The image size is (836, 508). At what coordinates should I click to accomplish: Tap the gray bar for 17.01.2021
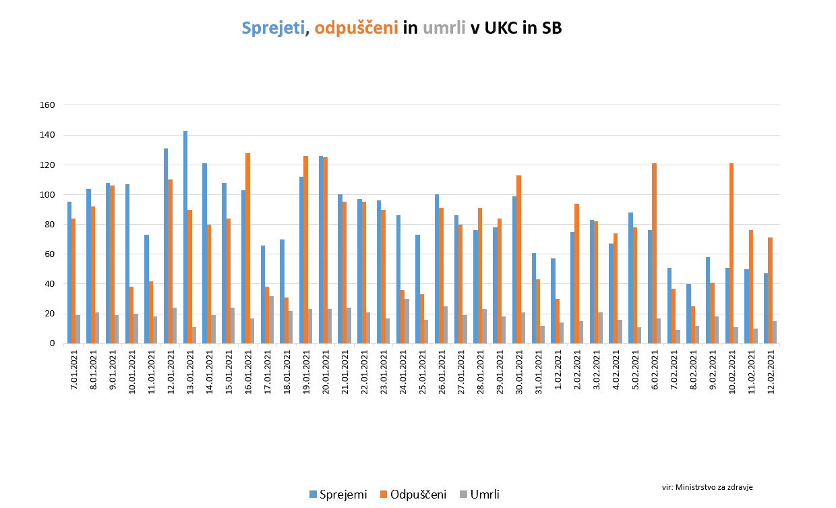tap(271, 320)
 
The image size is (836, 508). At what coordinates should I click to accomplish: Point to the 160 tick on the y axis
tap(47, 105)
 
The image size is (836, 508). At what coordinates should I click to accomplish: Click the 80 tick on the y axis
tap(50, 225)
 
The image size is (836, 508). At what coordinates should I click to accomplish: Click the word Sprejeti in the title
tap(273, 28)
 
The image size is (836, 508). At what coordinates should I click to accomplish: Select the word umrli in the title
tap(444, 28)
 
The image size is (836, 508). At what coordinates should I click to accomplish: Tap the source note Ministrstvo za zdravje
tap(707, 486)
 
